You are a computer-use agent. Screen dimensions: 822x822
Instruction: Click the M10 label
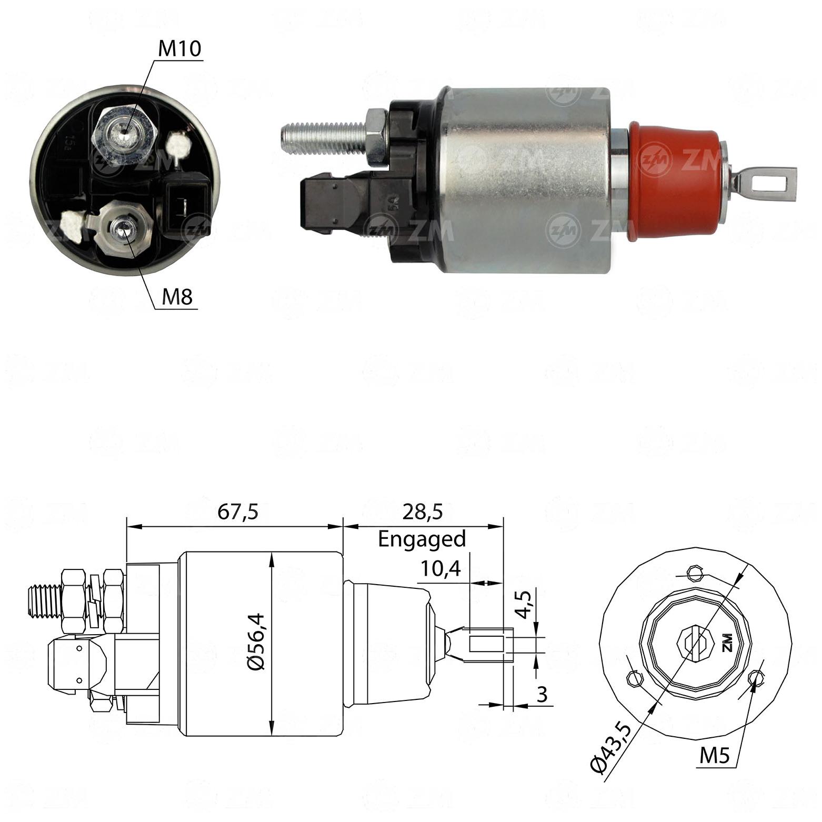pyautogui.click(x=180, y=48)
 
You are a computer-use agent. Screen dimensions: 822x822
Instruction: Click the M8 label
pyautogui.click(x=177, y=297)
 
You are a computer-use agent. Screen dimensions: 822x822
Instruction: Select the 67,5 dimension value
pyautogui.click(x=238, y=512)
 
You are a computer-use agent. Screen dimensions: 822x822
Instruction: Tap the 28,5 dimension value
pyautogui.click(x=423, y=512)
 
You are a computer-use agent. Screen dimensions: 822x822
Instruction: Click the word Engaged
pyautogui.click(x=422, y=539)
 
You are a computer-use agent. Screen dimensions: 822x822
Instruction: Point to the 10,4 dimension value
pyautogui.click(x=440, y=568)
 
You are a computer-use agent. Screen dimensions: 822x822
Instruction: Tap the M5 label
pyautogui.click(x=715, y=756)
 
